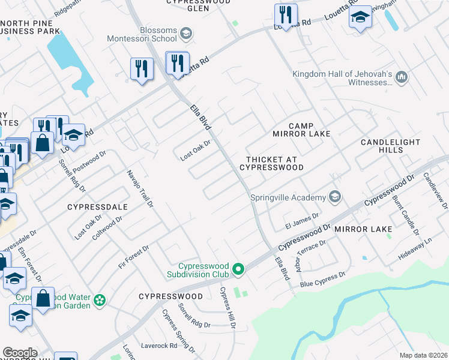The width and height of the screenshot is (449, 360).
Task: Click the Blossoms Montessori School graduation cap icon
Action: [x=186, y=34]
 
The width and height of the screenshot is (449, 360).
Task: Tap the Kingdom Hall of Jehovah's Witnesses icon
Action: [x=402, y=78]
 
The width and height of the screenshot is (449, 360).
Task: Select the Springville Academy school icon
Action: [x=334, y=197]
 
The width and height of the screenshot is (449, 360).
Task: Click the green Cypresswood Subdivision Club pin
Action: [x=238, y=269]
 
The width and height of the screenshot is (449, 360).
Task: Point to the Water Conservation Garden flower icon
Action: [x=100, y=299]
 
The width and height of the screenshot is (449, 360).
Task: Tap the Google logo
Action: [x=20, y=353]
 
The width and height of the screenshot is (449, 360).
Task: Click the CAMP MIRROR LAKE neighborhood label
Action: [x=301, y=129]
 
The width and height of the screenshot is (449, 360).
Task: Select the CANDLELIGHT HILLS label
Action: [x=390, y=146]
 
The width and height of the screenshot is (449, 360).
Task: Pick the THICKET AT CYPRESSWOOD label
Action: [x=274, y=163]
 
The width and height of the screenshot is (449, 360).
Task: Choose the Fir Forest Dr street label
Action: [x=133, y=257]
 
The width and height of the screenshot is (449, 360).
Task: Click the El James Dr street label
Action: [x=301, y=218]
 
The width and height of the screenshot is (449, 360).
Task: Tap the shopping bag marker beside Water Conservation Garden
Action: [x=43, y=298]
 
